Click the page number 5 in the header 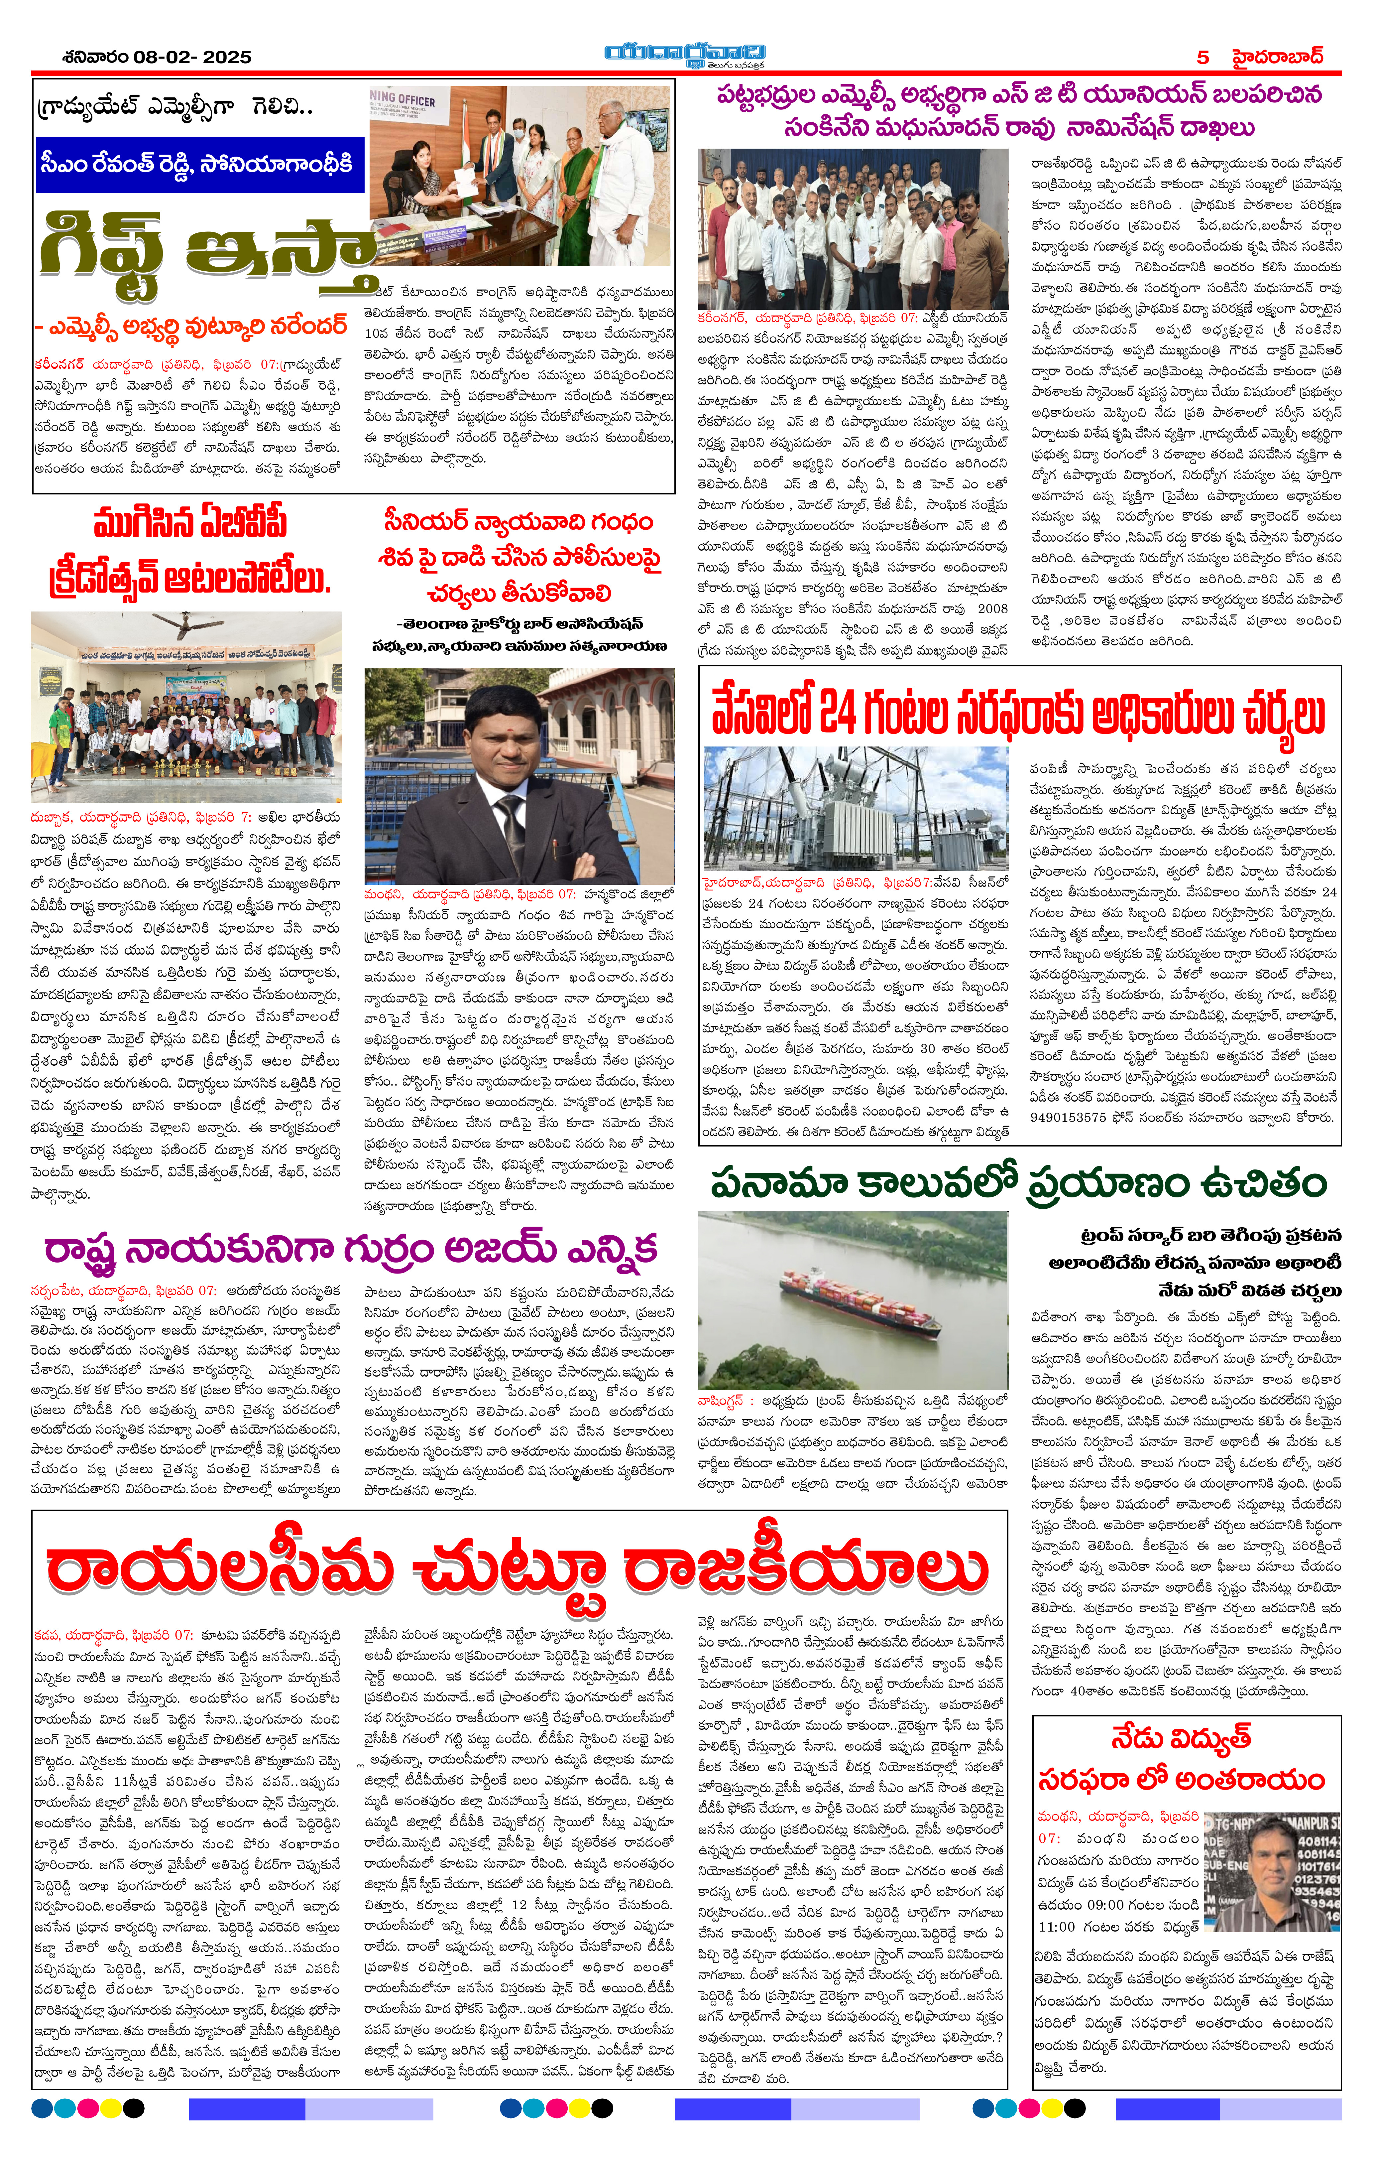pos(1203,57)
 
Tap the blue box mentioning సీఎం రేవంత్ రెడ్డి pos(199,164)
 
